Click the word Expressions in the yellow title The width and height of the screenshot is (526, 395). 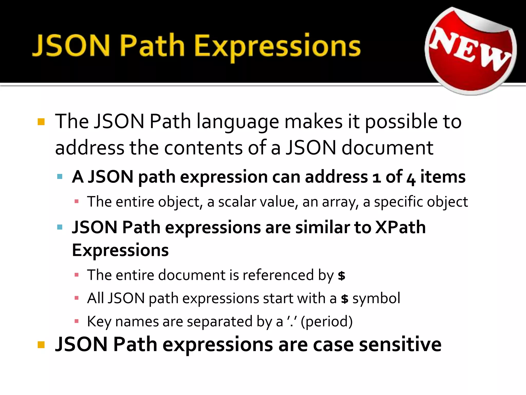tap(277, 46)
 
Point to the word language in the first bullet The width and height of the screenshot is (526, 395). tap(238, 122)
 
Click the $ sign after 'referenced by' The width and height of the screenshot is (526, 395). tap(341, 276)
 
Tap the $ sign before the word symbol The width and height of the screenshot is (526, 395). tap(345, 299)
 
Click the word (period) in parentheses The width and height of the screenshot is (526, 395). tap(327, 321)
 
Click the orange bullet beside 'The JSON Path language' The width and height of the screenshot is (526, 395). tap(41, 122)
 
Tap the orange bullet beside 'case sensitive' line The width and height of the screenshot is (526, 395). tap(41, 345)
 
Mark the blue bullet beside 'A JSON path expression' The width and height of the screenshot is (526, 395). tap(60, 177)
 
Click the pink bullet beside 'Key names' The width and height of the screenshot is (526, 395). tap(76, 321)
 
